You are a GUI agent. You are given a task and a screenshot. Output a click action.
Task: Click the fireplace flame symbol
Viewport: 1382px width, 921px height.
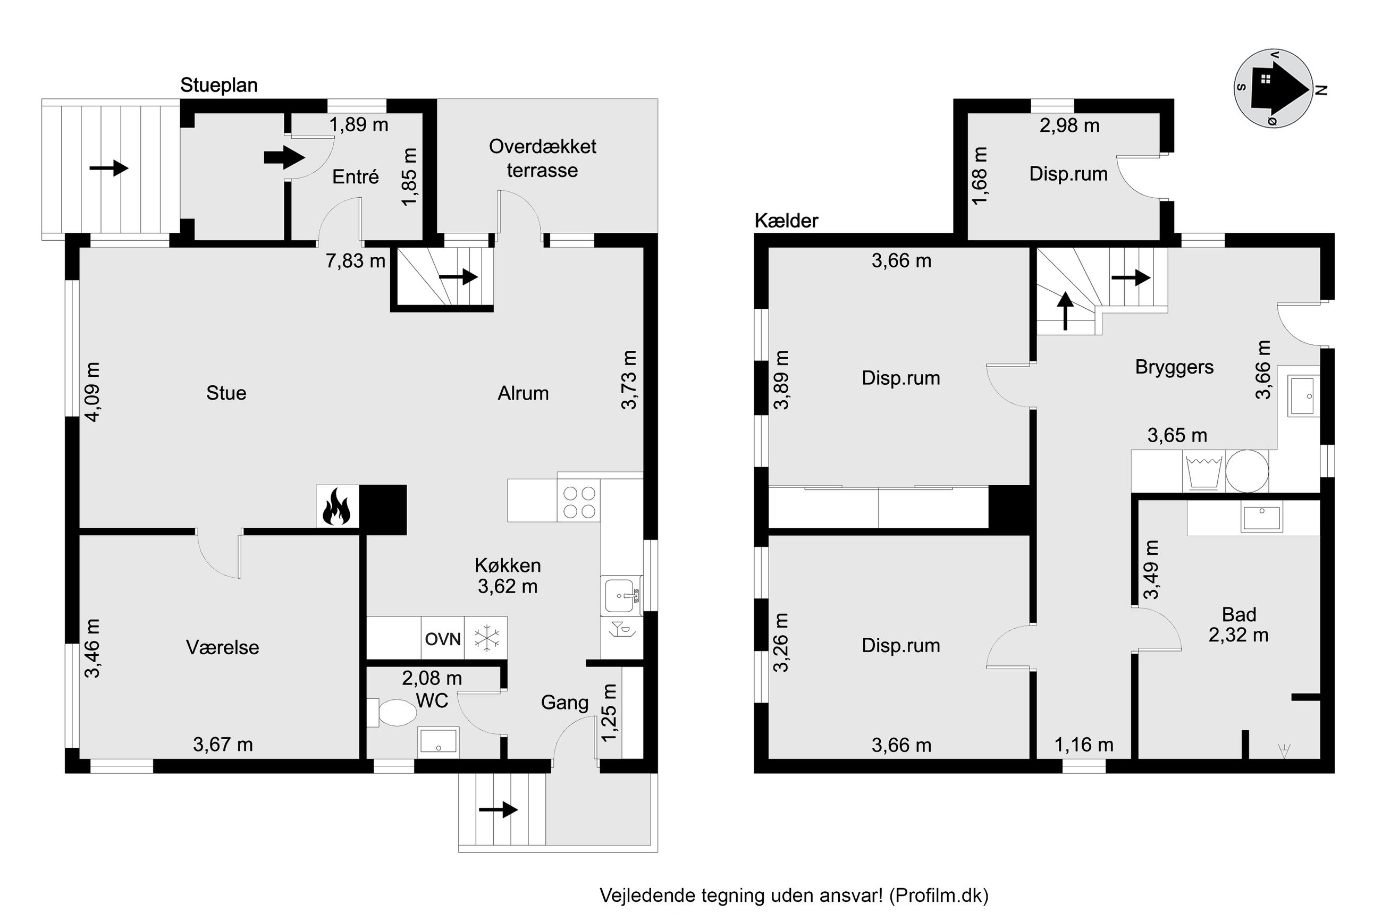pyautogui.click(x=336, y=506)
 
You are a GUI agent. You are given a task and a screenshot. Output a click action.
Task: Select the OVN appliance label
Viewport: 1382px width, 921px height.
pyautogui.click(x=443, y=638)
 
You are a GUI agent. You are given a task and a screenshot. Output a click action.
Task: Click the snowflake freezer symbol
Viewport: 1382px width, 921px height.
pyautogui.click(x=486, y=638)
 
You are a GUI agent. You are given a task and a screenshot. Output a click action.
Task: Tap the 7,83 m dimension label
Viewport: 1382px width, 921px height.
pyautogui.click(x=356, y=260)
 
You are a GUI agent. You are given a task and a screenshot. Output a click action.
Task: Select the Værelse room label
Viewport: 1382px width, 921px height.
pyautogui.click(x=223, y=647)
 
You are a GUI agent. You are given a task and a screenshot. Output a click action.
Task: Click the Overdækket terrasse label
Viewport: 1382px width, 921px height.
pyautogui.click(x=542, y=158)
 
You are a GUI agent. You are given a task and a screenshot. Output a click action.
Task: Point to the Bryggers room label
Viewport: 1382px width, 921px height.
pyautogui.click(x=1174, y=367)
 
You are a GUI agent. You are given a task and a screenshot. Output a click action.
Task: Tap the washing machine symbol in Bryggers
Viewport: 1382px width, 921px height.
pyautogui.click(x=1204, y=470)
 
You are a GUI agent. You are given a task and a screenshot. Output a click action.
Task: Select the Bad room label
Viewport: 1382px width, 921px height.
pyautogui.click(x=1239, y=614)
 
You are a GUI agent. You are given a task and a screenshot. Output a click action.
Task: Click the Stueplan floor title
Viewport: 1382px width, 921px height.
pyautogui.click(x=219, y=85)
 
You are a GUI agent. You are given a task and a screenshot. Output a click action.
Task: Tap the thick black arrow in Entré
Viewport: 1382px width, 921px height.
pyautogui.click(x=284, y=157)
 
